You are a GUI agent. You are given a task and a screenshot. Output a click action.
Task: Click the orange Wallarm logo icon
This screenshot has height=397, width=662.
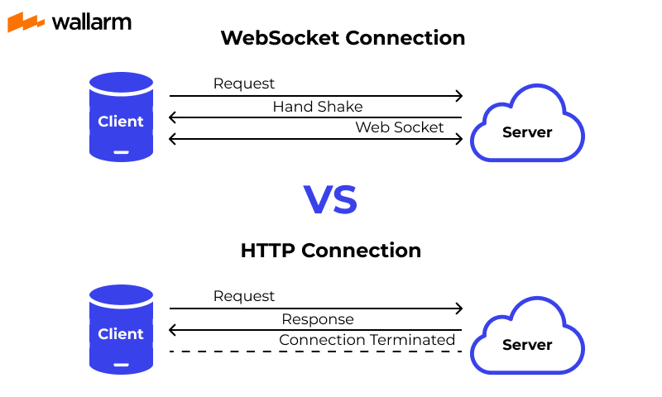point(26,22)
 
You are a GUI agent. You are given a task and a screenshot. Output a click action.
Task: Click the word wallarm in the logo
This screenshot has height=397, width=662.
point(91,22)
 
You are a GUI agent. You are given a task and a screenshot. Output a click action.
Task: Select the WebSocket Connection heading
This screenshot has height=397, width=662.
point(343,38)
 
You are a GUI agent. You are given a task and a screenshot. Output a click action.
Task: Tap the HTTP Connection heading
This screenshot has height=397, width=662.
point(331,250)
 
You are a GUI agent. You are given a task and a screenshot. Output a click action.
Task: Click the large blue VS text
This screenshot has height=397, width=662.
point(330,200)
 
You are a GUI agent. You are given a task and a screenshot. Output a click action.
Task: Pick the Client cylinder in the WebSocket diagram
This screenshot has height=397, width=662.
point(121,116)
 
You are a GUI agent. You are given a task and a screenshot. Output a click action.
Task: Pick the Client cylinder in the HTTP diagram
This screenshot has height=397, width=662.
point(121,328)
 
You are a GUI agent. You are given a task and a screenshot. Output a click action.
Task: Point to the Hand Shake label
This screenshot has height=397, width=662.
point(317,107)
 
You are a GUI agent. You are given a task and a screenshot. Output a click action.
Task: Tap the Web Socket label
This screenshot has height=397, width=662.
point(400,127)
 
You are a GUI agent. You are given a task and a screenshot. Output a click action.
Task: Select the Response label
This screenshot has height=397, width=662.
point(317,319)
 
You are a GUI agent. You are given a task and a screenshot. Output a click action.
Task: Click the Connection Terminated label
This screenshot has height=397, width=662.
point(367,340)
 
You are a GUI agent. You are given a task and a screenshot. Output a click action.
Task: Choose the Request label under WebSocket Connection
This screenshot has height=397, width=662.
point(244,84)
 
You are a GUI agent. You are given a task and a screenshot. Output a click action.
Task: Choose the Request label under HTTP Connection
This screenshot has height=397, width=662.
point(244,296)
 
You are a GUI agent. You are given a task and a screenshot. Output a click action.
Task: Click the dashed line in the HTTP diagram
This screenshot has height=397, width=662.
point(315,352)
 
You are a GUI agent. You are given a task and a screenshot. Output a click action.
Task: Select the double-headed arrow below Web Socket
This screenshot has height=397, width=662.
point(315,139)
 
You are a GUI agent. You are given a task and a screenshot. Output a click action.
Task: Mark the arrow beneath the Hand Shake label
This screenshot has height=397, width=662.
point(315,118)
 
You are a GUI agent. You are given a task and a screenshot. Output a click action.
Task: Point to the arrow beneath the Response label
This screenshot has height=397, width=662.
point(315,331)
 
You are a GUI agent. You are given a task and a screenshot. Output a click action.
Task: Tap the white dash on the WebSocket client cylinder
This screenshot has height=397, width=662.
point(121,151)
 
